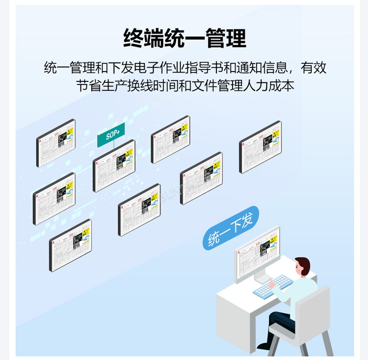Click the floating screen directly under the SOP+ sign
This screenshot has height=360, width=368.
tap(114, 165)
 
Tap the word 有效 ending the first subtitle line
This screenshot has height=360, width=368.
tap(314, 68)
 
